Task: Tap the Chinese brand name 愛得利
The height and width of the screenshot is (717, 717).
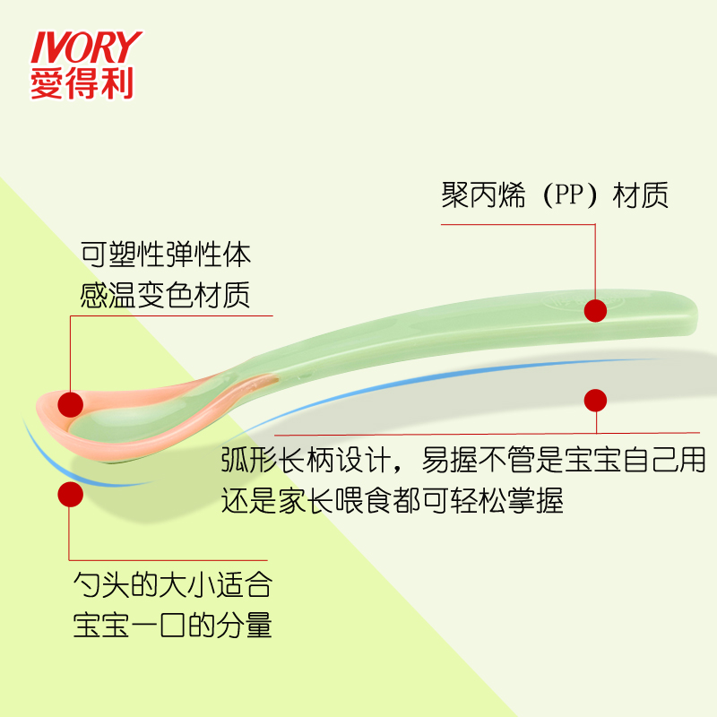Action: point(82,84)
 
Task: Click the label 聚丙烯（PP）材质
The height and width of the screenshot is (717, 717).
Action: point(555,195)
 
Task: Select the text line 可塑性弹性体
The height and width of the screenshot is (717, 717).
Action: point(166,255)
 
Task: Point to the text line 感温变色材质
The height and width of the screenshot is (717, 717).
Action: point(166,295)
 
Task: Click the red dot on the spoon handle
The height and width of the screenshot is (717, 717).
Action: point(595,310)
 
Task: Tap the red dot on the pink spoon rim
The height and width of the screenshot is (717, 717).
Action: point(71,404)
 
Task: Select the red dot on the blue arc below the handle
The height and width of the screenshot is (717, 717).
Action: point(595,400)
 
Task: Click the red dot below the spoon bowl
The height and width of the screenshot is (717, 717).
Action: point(70,494)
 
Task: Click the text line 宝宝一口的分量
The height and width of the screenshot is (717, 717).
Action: point(171,626)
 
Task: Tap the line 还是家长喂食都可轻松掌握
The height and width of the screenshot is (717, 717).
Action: point(393,501)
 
